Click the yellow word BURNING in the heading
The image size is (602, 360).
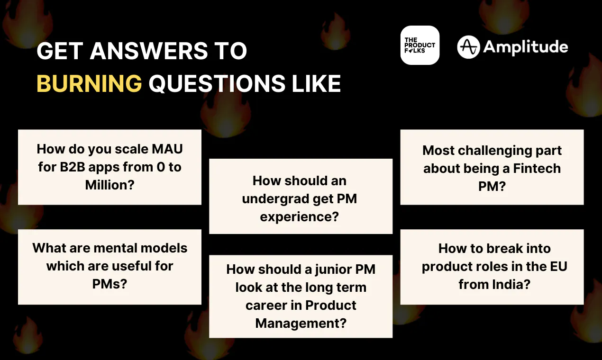pyautogui.click(x=89, y=83)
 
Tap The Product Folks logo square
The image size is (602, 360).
pyautogui.click(x=420, y=45)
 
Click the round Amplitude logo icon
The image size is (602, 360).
pyautogui.click(x=468, y=47)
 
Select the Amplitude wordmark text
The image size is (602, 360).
pyautogui.click(x=526, y=47)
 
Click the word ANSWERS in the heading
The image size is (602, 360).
pyautogui.click(x=149, y=51)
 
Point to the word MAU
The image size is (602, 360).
pyautogui.click(x=167, y=149)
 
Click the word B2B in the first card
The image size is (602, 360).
pyautogui.click(x=73, y=167)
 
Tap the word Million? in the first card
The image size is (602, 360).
pyautogui.click(x=109, y=185)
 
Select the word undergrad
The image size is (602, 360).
pyautogui.click(x=274, y=199)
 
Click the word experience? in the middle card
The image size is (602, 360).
pyautogui.click(x=300, y=217)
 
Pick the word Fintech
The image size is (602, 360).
pyautogui.click(x=537, y=168)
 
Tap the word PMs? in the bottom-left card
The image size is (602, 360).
pyautogui.click(x=109, y=284)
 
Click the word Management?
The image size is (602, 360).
pyautogui.click(x=301, y=324)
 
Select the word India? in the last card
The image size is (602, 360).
pyautogui.click(x=511, y=284)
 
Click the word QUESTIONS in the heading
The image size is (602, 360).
pyautogui.click(x=217, y=83)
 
